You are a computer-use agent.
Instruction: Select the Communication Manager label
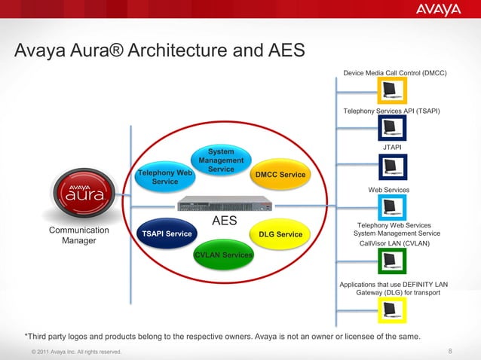click(78, 235)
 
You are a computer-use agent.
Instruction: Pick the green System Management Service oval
click(221, 160)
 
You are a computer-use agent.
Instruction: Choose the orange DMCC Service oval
click(280, 175)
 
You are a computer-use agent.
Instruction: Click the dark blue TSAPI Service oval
click(167, 233)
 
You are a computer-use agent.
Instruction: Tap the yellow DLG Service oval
click(280, 234)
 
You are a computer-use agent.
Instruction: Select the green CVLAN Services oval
click(223, 255)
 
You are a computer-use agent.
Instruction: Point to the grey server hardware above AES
click(224, 203)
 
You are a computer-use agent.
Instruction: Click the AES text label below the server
click(224, 221)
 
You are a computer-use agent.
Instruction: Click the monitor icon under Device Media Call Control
click(391, 93)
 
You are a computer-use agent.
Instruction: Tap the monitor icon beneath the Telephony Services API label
click(391, 129)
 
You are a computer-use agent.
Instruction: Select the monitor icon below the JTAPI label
click(391, 166)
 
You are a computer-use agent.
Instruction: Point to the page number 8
click(450, 351)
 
